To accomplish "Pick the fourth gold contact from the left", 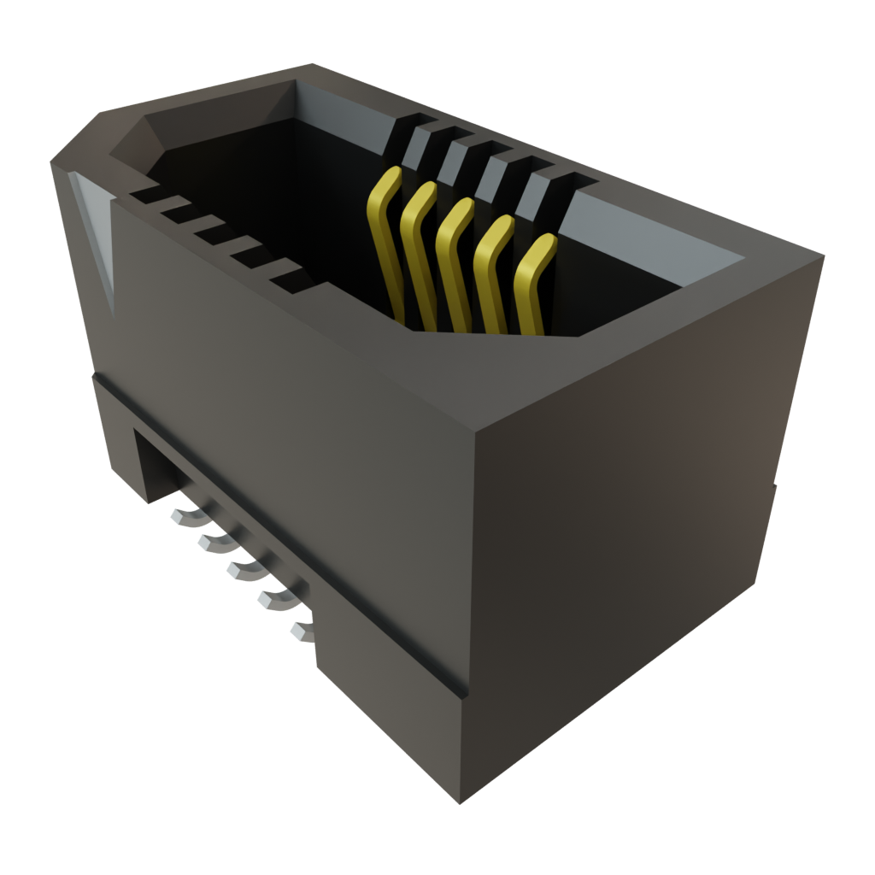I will tap(490, 273).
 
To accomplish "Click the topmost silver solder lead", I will tap(184, 516).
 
